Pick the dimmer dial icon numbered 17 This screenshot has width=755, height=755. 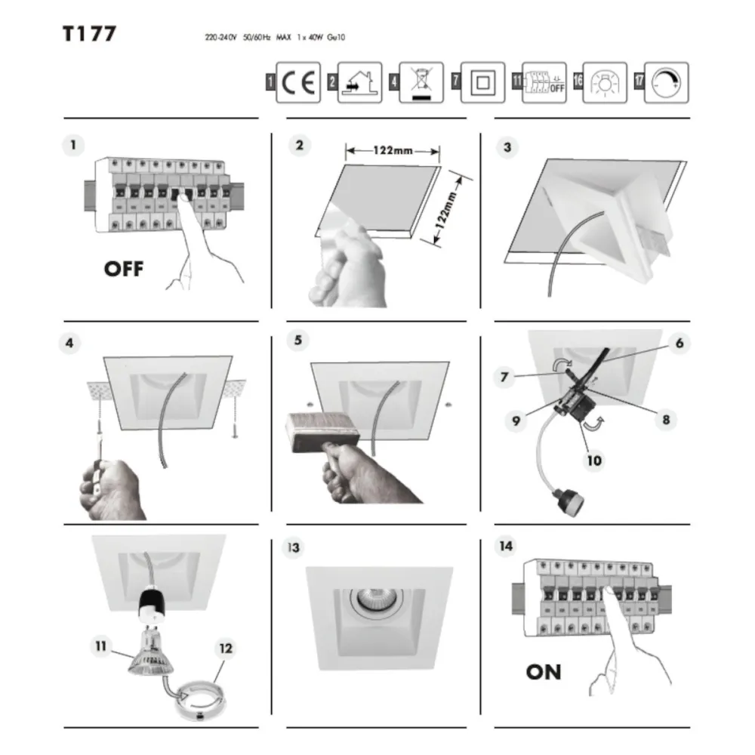[x=665, y=83]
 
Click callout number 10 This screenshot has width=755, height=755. [x=595, y=458]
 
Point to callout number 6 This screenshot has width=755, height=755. [x=679, y=343]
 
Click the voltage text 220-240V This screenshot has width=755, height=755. [x=220, y=37]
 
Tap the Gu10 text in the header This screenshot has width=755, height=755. [x=337, y=37]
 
